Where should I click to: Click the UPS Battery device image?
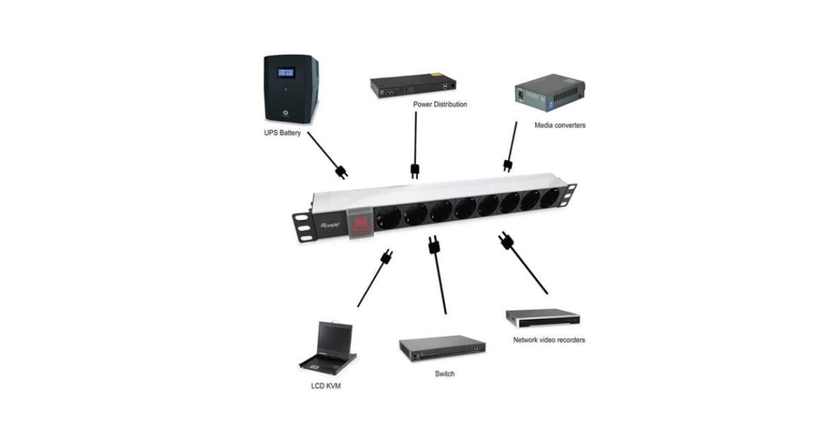click(291, 89)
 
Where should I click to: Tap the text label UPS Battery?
click(281, 132)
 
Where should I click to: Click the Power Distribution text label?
click(440, 105)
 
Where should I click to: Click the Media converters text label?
click(559, 125)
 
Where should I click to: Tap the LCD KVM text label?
click(325, 385)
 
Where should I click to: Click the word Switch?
click(444, 374)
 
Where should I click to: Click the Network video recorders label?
click(549, 340)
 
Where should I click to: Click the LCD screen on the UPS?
click(286, 72)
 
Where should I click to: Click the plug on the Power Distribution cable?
click(415, 170)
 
